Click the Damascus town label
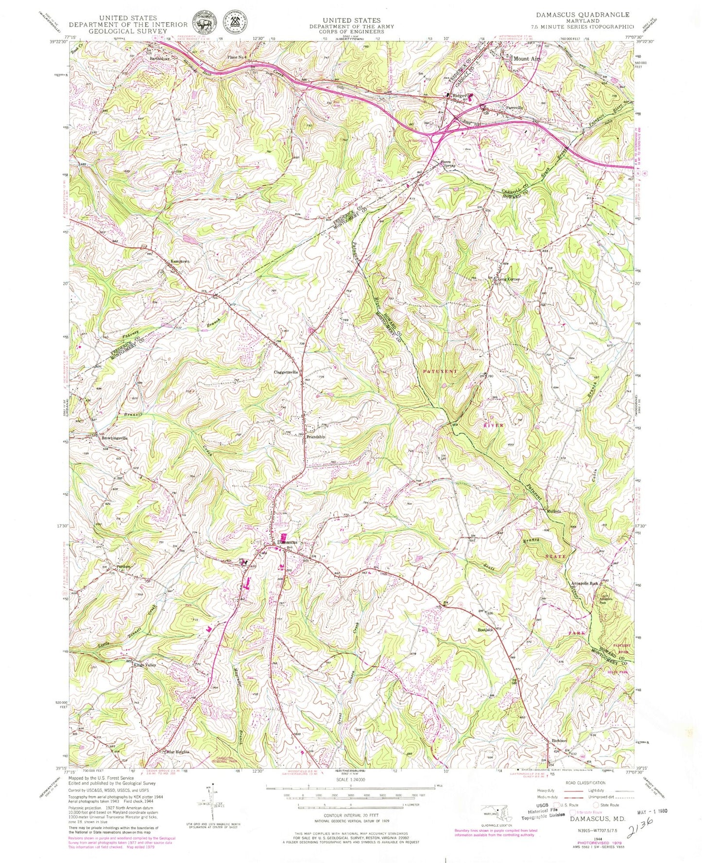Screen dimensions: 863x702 pyautogui.click(x=287, y=542)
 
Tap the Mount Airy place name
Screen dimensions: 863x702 pyautogui.click(x=527, y=59)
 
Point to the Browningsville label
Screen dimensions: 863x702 pyautogui.click(x=115, y=438)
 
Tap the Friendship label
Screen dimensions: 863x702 pyautogui.click(x=315, y=437)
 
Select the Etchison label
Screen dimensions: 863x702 pyautogui.click(x=559, y=741)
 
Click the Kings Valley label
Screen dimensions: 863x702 pyautogui.click(x=145, y=665)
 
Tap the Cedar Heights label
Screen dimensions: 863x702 pyautogui.click(x=177, y=752)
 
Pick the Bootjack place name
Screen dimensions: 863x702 pyautogui.click(x=485, y=630)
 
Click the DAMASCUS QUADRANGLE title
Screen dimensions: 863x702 pyautogui.click(x=582, y=15)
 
